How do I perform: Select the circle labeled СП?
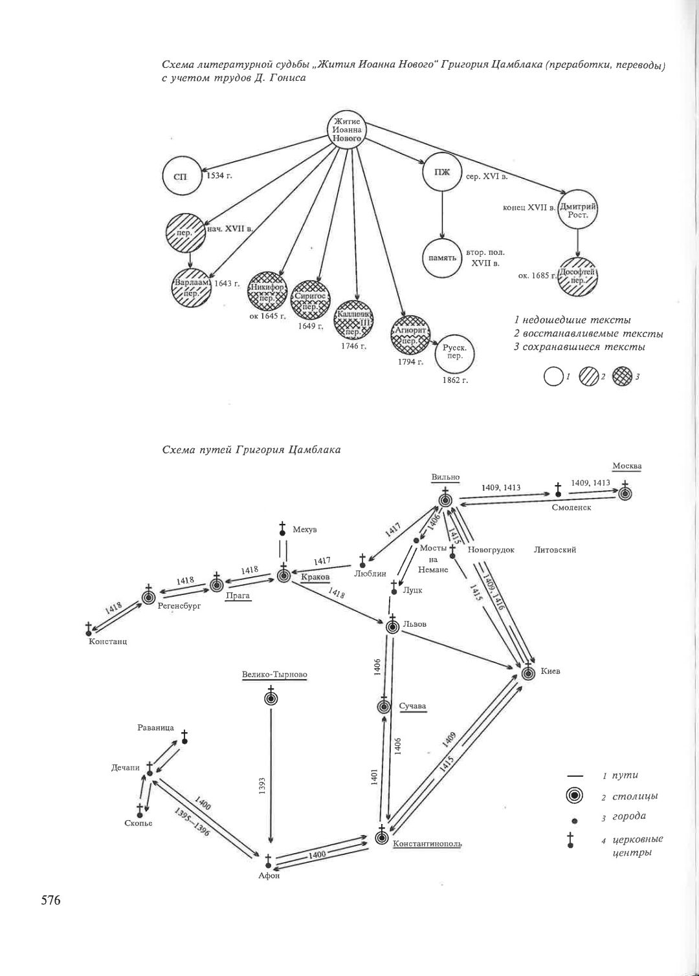click(x=181, y=177)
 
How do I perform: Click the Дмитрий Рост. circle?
click(x=577, y=211)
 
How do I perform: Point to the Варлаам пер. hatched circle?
click(x=192, y=287)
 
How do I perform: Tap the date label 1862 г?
click(x=455, y=380)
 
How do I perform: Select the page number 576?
click(x=50, y=900)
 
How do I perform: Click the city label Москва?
click(x=627, y=466)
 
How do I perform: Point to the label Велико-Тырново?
click(x=274, y=675)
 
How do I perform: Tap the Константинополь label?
click(x=427, y=843)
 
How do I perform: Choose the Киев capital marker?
click(x=529, y=672)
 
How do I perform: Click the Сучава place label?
click(x=412, y=706)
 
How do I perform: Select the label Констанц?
click(x=107, y=642)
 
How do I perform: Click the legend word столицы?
click(x=630, y=796)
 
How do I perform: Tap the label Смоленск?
click(x=571, y=507)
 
